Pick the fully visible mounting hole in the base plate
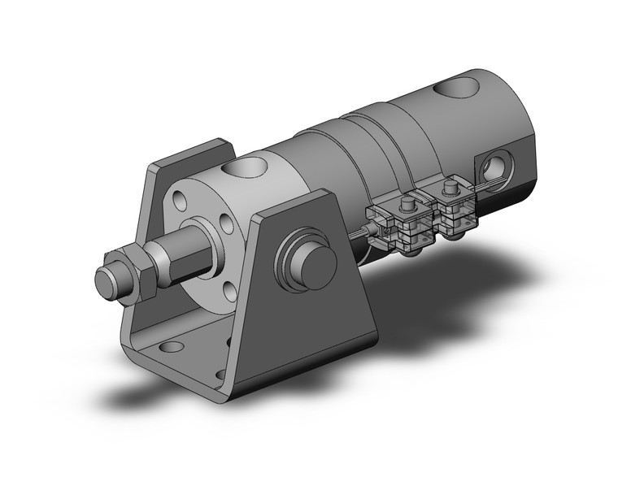172,348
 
